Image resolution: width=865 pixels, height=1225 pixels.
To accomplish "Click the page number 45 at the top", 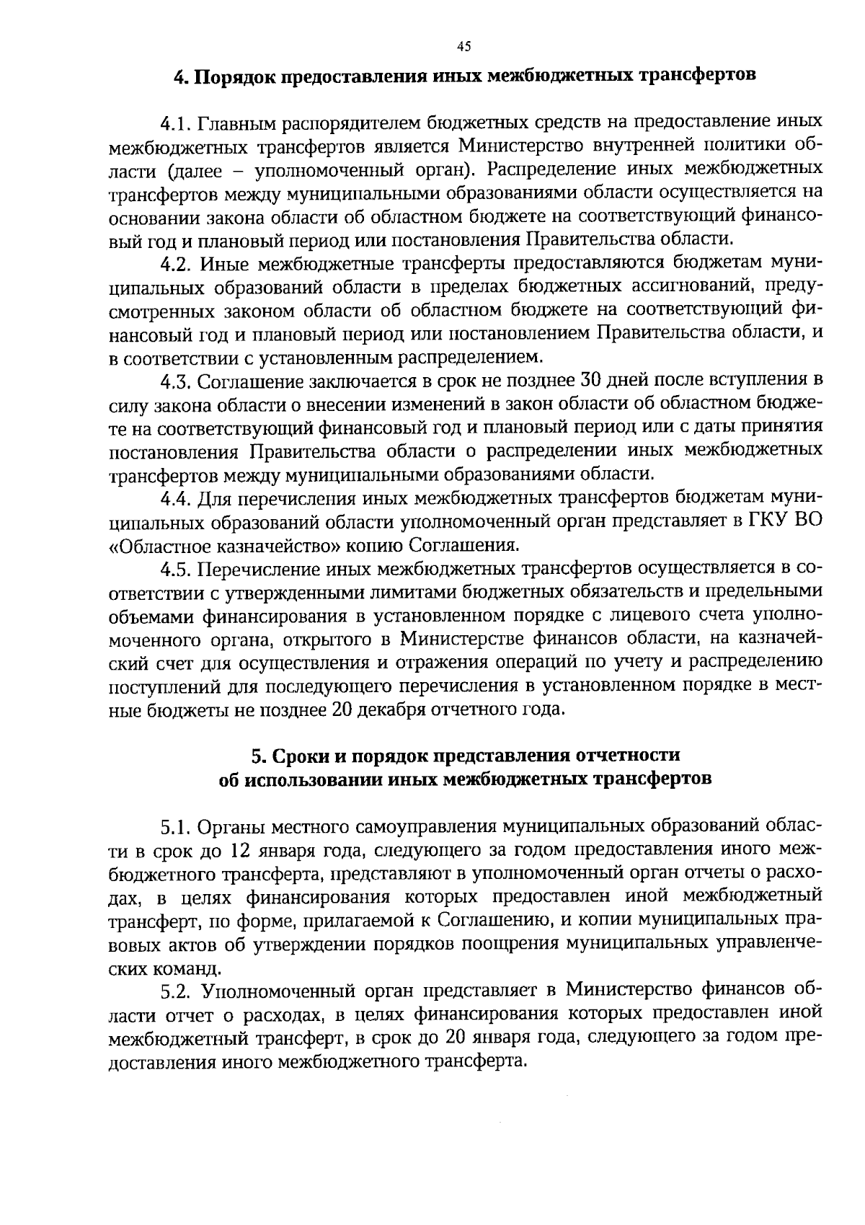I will tap(463, 47).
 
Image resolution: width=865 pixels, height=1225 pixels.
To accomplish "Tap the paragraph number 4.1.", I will tap(175, 124).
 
